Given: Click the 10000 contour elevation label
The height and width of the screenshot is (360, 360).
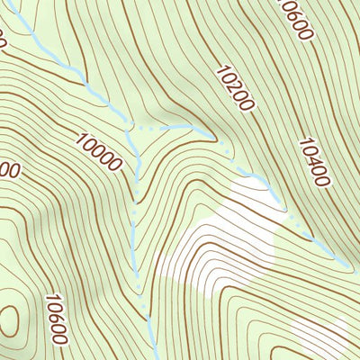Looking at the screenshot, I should [x=99, y=151].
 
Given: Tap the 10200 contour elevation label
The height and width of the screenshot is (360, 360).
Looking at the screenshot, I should [x=235, y=87].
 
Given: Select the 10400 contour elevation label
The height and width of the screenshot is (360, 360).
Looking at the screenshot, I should [x=313, y=162].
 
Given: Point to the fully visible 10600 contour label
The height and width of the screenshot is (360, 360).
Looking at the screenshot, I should [x=57, y=319].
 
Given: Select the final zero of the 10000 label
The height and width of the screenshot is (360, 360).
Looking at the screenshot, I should [x=117, y=165].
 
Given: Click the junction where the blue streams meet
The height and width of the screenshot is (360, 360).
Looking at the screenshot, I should [x=138, y=130].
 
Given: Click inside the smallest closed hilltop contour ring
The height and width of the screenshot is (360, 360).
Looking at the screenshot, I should [x=7, y=318].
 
